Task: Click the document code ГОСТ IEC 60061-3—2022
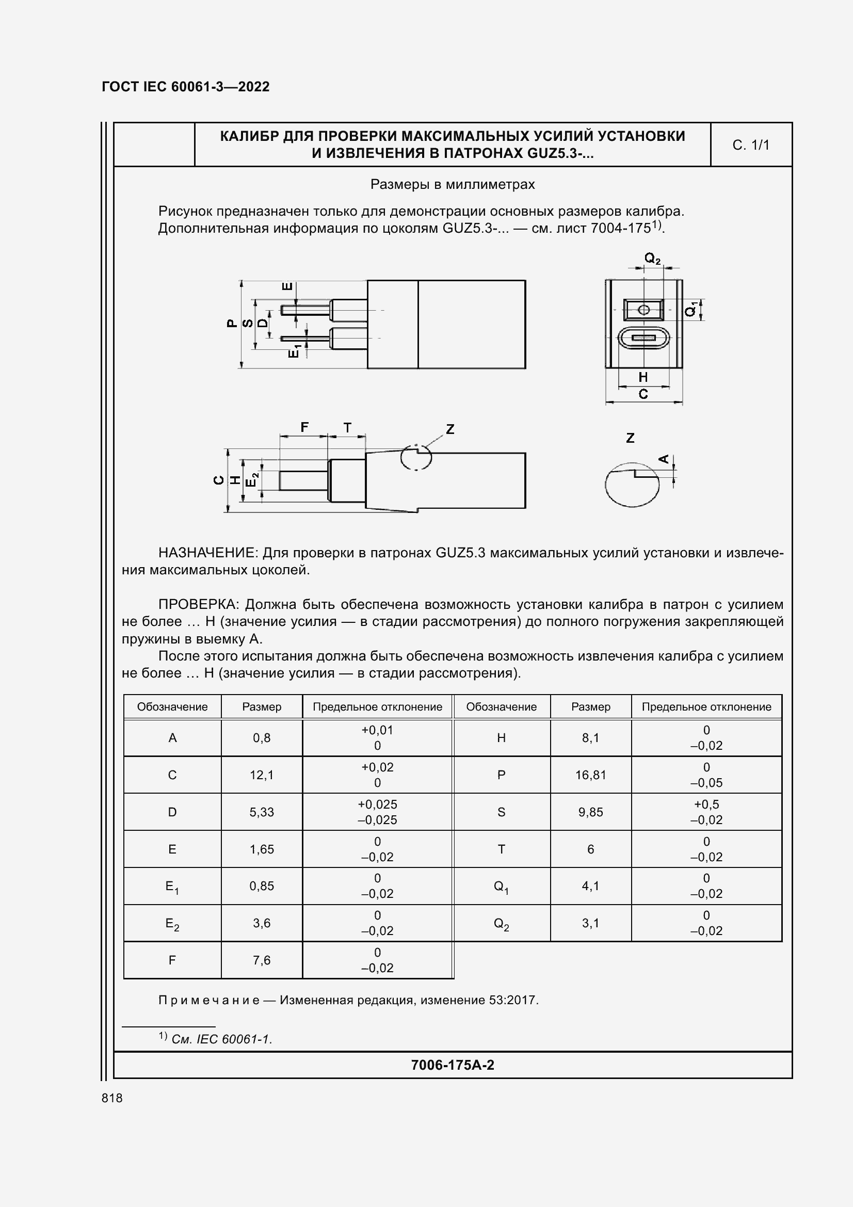point(185,87)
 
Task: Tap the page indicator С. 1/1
point(750,145)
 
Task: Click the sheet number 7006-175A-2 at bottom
point(452,1065)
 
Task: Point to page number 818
point(112,1098)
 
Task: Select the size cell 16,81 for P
point(590,775)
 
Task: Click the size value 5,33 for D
point(262,812)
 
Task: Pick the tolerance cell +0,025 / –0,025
point(377,812)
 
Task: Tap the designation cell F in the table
point(172,960)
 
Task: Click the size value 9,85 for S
point(590,812)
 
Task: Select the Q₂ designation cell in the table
point(501,923)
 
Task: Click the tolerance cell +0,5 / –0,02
point(706,812)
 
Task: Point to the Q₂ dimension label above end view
point(652,258)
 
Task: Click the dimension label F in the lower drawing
point(304,427)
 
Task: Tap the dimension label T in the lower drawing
point(347,428)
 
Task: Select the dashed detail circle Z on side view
point(416,457)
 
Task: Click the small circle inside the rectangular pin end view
point(643,310)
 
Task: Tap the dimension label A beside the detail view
point(664,459)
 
